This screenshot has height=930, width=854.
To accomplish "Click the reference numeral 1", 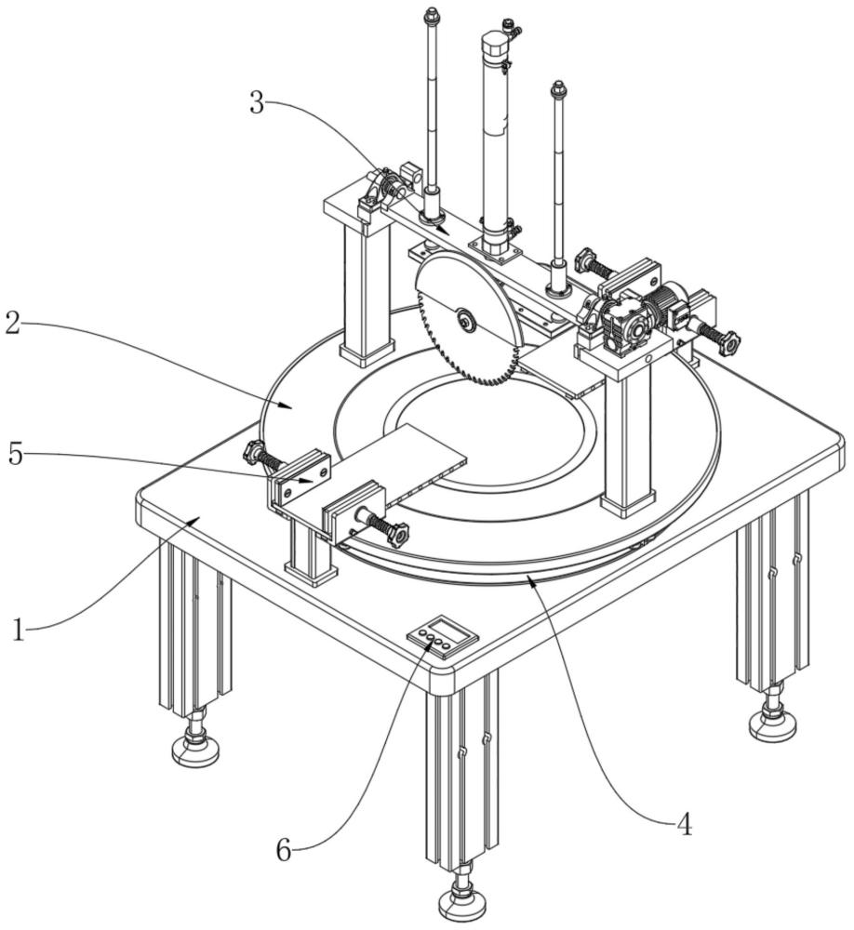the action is (19, 630).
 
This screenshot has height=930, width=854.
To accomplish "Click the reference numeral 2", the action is (12, 324).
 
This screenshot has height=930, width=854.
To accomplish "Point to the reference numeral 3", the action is (257, 102).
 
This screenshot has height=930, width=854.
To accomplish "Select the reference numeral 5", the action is (16, 455).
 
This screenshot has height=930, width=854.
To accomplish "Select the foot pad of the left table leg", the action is (196, 751).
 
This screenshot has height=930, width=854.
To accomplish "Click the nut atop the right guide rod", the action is (557, 89).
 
